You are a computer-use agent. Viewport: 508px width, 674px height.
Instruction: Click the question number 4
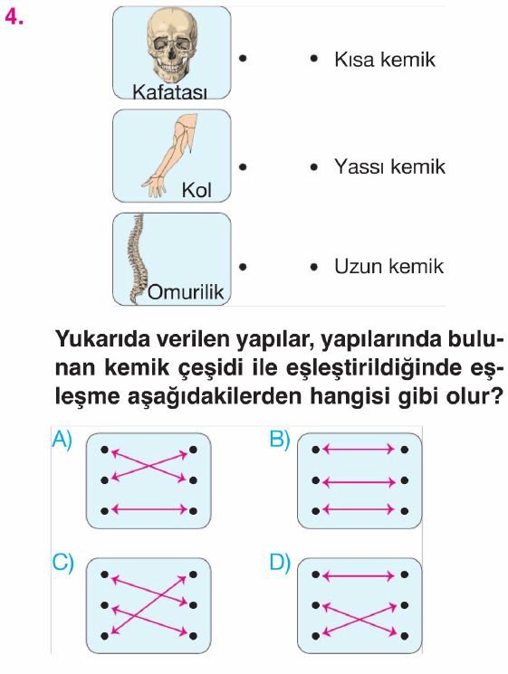(14, 17)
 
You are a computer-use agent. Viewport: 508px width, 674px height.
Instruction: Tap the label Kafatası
(169, 91)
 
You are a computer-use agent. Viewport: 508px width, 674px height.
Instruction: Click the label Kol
(196, 190)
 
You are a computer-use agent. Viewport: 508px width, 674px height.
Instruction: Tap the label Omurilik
(186, 292)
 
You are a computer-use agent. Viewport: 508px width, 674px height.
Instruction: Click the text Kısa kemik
(385, 60)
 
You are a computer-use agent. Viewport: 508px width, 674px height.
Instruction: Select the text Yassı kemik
(389, 166)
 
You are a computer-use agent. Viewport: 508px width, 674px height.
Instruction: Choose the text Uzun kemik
(388, 266)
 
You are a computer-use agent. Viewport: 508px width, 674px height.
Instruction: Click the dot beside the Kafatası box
(243, 58)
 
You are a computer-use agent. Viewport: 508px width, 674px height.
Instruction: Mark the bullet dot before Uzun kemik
(314, 267)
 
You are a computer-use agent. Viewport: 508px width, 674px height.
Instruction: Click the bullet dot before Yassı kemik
(314, 166)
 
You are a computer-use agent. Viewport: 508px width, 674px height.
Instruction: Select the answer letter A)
(62, 440)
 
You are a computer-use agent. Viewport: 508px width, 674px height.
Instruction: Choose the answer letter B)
(280, 440)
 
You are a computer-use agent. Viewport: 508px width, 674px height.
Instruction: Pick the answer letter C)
(62, 563)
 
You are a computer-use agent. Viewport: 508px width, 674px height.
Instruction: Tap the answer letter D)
(280, 563)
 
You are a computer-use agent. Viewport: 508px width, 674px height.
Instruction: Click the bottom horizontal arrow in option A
(149, 510)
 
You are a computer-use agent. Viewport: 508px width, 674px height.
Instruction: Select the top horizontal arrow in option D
(359, 575)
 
